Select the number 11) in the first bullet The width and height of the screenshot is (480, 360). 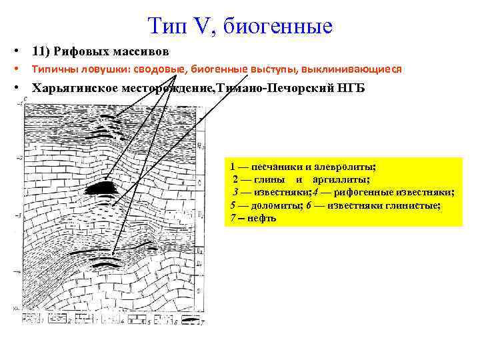coord(43,51)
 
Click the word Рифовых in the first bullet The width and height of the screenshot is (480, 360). coord(85,51)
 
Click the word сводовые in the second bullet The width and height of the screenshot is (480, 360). coord(161,69)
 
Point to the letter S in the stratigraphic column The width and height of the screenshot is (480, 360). coord(199,291)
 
